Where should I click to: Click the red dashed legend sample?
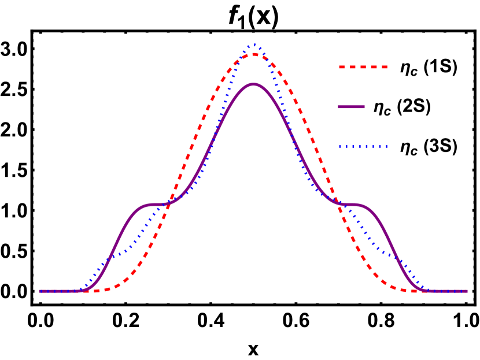(x=363, y=67)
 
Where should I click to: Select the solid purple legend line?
(x=351, y=107)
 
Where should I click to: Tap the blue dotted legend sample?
(x=363, y=147)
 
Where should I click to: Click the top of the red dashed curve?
(x=254, y=54)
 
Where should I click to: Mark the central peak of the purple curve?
(x=253, y=84)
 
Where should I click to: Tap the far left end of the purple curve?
(x=40, y=291)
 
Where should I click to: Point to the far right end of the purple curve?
(x=466, y=291)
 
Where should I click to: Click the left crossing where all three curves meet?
(x=168, y=202)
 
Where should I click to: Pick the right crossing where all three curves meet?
(x=339, y=202)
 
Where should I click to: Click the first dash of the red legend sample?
(x=342, y=67)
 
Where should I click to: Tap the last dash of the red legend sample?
(x=383, y=67)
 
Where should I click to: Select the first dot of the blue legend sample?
(x=340, y=147)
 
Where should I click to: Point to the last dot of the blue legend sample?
(x=386, y=147)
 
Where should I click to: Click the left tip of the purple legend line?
(x=339, y=107)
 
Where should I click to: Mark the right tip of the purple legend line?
(x=364, y=107)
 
